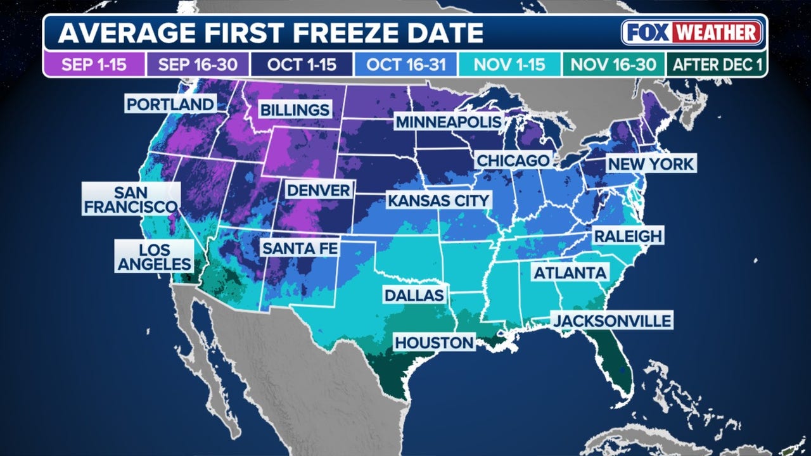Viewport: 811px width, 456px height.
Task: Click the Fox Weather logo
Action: point(691,32)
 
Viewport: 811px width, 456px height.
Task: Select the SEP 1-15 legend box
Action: point(94,64)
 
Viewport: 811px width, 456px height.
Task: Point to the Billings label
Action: point(295,110)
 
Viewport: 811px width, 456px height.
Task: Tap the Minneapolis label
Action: point(449,122)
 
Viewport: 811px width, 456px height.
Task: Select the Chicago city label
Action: point(513,160)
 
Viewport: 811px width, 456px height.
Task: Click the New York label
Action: point(651,163)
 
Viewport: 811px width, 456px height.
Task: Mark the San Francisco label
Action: point(131,199)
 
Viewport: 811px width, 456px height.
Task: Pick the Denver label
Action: point(318,190)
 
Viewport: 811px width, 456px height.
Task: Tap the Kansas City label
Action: point(438,201)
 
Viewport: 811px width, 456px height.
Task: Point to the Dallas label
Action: point(413,295)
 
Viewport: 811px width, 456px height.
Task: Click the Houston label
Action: point(434,343)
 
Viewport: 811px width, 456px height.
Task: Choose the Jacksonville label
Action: point(612,320)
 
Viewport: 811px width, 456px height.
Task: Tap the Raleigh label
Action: point(627,236)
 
